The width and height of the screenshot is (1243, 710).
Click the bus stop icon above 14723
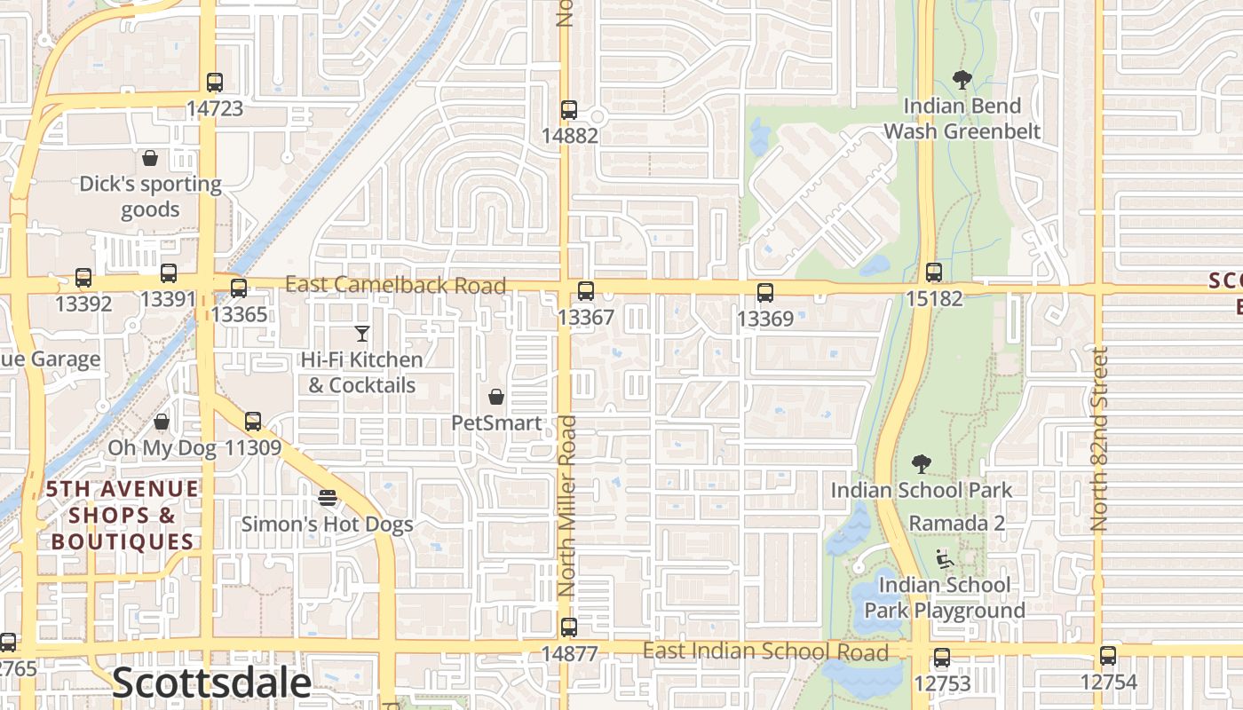[214, 83]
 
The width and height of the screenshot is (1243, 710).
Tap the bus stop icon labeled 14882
[569, 111]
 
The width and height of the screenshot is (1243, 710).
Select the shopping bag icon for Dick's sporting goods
[150, 158]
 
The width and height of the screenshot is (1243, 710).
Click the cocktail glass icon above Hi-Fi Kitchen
[361, 334]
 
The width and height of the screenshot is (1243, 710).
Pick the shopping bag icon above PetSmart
[496, 397]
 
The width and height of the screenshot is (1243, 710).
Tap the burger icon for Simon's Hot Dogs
[328, 498]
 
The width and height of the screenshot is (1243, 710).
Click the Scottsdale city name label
[212, 683]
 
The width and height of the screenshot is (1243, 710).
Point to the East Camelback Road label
[396, 285]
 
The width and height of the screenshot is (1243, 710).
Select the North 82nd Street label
[1100, 439]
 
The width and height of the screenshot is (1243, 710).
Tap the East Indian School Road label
[765, 652]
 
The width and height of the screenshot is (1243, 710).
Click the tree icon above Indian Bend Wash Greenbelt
[962, 80]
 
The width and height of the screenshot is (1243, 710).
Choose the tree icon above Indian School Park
[922, 463]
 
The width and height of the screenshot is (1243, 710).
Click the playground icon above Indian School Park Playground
[945, 559]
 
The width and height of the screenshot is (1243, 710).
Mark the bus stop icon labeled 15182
[933, 272]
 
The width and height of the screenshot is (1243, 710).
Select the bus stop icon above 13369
[765, 293]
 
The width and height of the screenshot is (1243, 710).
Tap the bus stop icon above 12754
[1107, 657]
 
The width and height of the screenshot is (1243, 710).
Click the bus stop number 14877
[569, 654]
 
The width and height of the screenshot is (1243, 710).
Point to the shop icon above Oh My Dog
[162, 422]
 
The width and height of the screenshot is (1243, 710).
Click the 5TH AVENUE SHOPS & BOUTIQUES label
[123, 516]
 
